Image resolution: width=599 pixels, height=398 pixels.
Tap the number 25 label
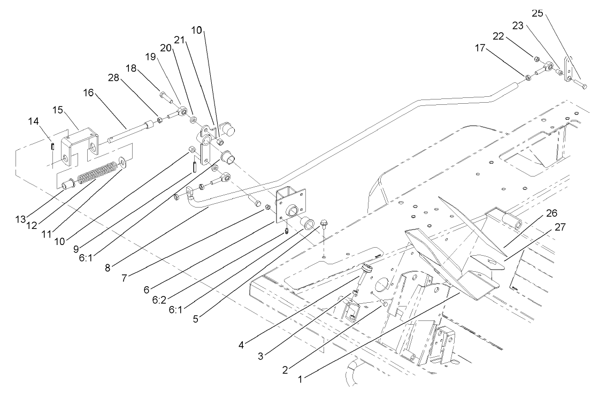click(537, 13)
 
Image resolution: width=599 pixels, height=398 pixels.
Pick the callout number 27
click(559, 227)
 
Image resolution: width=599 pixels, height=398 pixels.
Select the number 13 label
click(20, 219)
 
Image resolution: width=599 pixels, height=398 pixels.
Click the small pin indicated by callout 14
click(52, 146)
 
